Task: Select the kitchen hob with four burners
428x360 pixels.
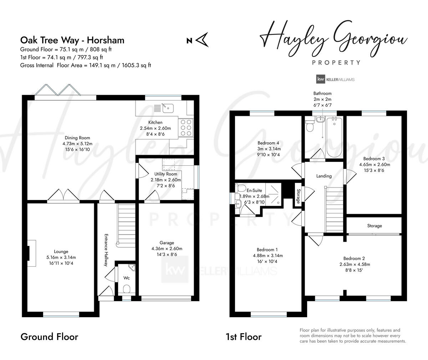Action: point(185,127)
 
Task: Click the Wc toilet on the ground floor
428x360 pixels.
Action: point(127,288)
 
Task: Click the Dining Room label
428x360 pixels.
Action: point(77,138)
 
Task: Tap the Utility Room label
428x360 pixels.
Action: point(165,174)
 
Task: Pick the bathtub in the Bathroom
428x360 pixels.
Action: point(335,137)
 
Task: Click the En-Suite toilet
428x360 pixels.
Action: point(241,187)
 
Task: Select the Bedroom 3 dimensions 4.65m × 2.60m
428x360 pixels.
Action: point(374,165)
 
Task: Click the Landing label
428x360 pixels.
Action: point(324,176)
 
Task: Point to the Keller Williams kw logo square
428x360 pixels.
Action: point(320,79)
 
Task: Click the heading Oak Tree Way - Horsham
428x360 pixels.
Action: point(72,40)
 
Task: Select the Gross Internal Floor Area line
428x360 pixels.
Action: point(86,65)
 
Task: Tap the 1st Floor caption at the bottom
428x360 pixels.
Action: point(243,337)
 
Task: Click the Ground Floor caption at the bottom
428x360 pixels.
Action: point(49,337)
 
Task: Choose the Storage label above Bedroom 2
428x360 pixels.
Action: point(374,226)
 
